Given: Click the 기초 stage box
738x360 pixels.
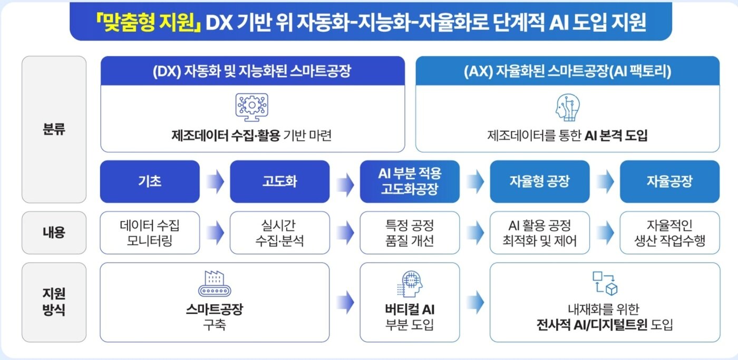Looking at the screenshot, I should (150, 182).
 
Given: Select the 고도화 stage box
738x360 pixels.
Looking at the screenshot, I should (279, 182).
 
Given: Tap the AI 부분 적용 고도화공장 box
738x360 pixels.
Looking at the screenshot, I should (410, 182).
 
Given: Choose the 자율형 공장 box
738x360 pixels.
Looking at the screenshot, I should (539, 182).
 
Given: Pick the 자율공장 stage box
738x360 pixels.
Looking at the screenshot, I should (669, 182).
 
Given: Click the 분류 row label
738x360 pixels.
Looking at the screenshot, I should (54, 129).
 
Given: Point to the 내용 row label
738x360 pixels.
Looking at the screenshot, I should (54, 232).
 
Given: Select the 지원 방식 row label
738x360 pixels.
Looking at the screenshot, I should (54, 302).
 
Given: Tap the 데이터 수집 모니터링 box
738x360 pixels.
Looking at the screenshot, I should (150, 233).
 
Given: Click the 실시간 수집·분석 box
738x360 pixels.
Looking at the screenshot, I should (279, 233).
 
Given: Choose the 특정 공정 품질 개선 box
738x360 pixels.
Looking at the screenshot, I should (410, 233).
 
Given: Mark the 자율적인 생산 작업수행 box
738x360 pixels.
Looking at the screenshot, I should (669, 233).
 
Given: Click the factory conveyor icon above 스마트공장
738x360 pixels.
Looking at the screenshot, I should (215, 284).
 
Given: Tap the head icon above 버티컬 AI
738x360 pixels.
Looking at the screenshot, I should (410, 284).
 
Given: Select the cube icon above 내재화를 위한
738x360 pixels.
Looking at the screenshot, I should (605, 283).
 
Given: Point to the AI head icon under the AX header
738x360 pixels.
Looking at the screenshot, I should (567, 108).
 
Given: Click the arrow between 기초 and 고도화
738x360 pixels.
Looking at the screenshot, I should (215, 182).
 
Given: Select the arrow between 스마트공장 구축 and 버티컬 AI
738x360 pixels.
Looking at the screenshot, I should (345, 302).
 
